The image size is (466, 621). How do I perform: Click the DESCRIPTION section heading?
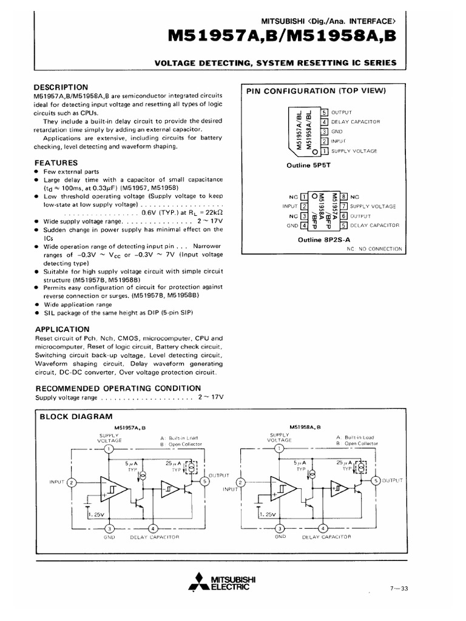(61, 87)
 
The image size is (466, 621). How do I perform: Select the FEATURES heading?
(56, 163)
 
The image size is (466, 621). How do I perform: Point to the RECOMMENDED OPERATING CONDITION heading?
(118, 388)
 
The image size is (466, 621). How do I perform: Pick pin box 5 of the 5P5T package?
(325, 112)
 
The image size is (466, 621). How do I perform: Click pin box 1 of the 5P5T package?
(325, 150)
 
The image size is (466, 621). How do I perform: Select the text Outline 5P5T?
(307, 164)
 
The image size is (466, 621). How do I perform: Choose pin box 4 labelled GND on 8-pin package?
(304, 226)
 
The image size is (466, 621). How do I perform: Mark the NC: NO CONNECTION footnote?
(374, 249)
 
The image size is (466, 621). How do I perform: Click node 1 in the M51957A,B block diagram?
(108, 449)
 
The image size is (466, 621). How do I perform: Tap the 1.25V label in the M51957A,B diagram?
(95, 514)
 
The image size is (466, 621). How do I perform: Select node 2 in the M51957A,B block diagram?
(72, 483)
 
